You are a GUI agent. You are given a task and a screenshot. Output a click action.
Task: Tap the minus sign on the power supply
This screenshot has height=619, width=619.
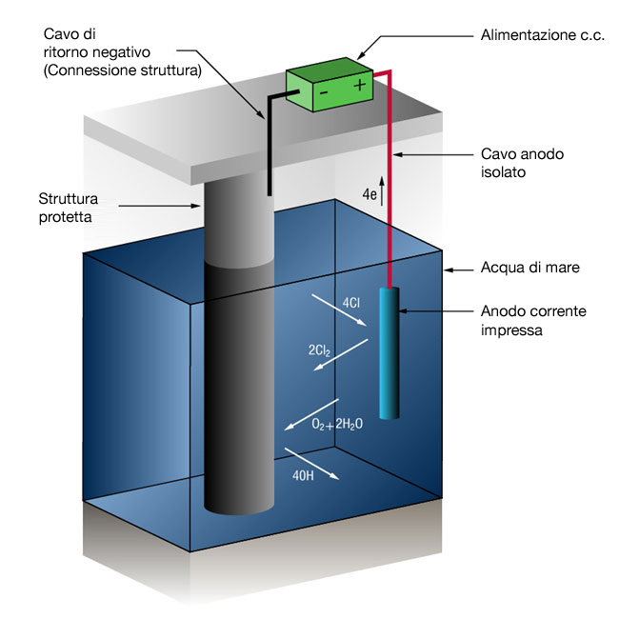point(324,93)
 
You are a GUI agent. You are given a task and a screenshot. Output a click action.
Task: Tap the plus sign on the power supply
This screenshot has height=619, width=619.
point(359,86)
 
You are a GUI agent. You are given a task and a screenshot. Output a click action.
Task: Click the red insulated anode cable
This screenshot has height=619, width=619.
point(389,190)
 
